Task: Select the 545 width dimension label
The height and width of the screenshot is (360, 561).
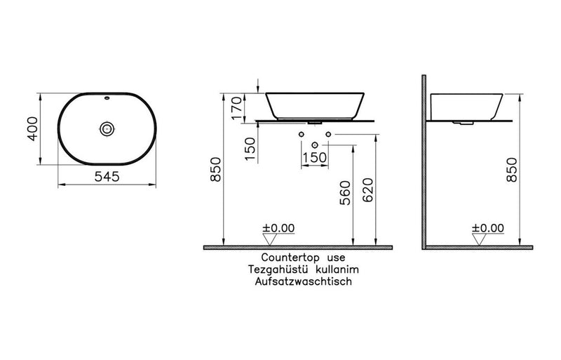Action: point(107,178)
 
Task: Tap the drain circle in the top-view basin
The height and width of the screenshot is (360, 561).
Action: point(107,129)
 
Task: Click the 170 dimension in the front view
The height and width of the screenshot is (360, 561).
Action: point(237,107)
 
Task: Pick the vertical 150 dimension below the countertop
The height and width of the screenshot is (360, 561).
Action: point(251,148)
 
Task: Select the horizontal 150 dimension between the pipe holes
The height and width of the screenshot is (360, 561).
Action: point(315,157)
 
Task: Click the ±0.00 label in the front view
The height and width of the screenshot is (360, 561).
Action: point(278,228)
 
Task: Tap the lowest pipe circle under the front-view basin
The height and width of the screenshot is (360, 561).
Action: point(315,145)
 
